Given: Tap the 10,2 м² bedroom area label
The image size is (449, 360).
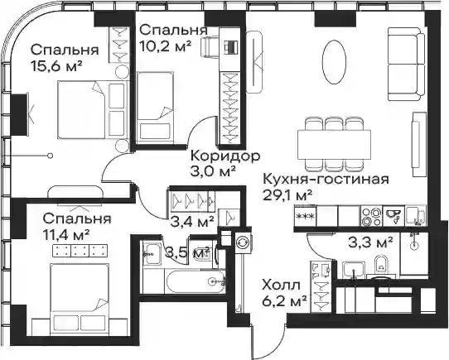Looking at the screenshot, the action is click(x=165, y=45).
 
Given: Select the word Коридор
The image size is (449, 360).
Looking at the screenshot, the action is click(x=225, y=156).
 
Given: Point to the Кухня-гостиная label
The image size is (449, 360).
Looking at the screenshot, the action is click(x=326, y=180).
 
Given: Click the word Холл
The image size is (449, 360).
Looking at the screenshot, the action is click(x=282, y=286).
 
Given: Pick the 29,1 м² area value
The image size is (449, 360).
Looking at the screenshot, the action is click(x=287, y=196).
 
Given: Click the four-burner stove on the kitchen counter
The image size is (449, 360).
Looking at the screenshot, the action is click(x=371, y=217).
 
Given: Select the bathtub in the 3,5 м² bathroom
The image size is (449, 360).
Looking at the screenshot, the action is click(x=195, y=281).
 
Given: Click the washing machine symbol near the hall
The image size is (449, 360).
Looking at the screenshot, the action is click(x=244, y=242).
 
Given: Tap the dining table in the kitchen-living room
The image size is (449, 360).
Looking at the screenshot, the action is click(x=334, y=145).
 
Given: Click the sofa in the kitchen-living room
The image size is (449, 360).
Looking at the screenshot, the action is click(x=406, y=64).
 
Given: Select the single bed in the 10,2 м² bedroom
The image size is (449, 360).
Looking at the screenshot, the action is click(x=155, y=108).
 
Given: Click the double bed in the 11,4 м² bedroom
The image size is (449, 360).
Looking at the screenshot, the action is click(x=80, y=298).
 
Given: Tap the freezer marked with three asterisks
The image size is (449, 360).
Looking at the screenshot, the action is click(x=306, y=217).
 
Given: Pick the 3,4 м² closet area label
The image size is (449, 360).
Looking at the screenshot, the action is click(x=192, y=221).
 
